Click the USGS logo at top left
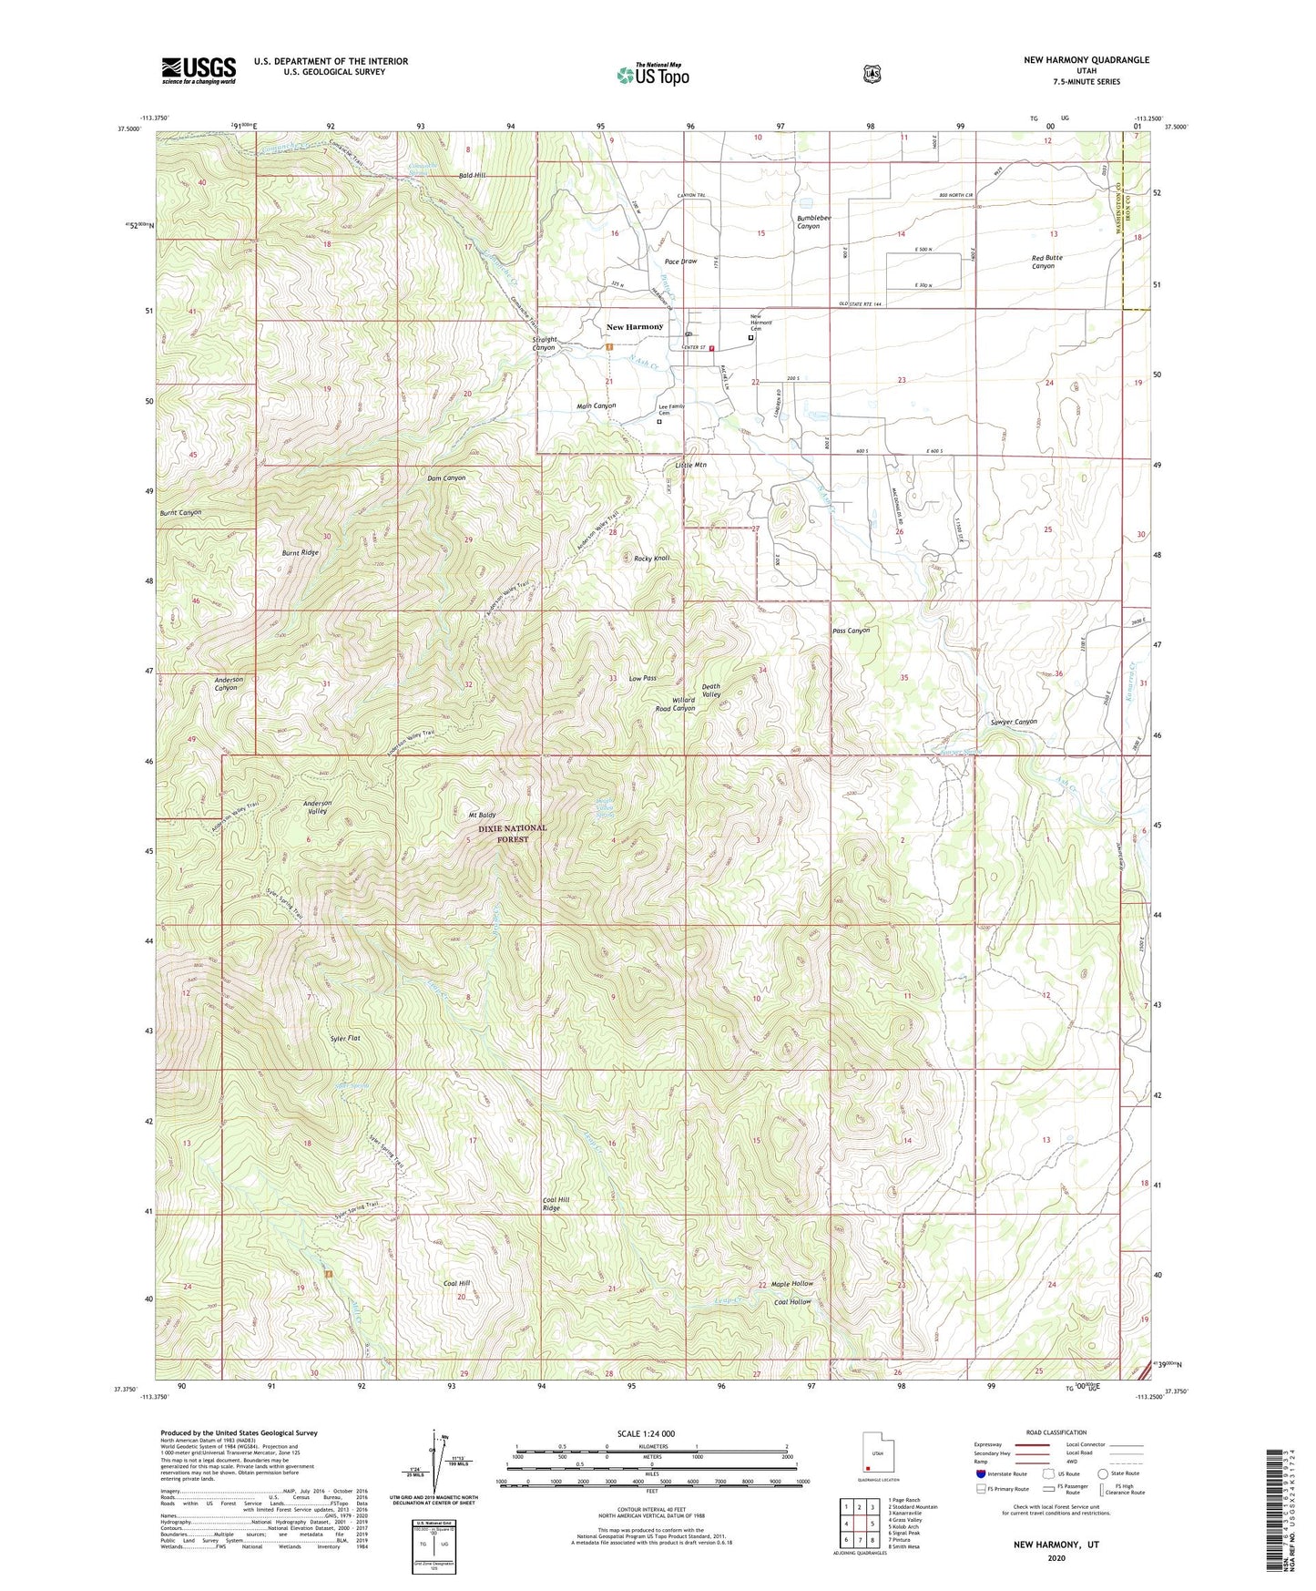click(199, 70)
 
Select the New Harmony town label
click(635, 326)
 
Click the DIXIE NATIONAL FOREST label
click(513, 834)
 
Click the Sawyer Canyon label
click(1014, 722)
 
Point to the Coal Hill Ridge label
click(556, 1205)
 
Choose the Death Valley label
click(711, 691)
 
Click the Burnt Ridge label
click(300, 552)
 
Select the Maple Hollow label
click(792, 1284)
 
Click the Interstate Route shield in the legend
click(980, 1473)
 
